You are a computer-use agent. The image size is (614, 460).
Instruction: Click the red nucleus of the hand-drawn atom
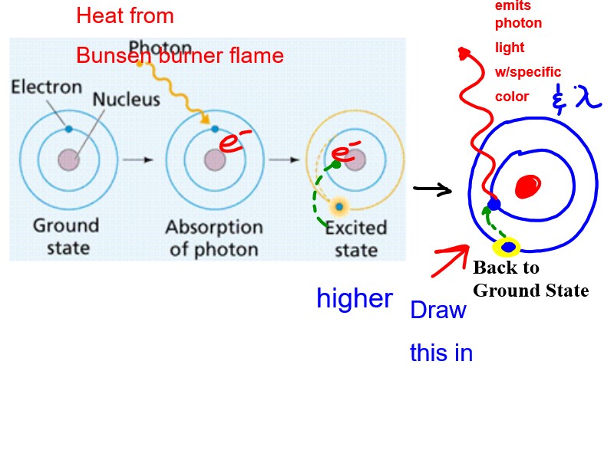[529, 186]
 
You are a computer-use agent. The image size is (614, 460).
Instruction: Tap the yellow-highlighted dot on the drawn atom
[507, 247]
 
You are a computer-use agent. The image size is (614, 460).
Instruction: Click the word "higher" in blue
[355, 299]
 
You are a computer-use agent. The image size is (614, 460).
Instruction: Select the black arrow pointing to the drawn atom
[432, 189]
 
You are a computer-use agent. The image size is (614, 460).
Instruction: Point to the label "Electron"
[46, 87]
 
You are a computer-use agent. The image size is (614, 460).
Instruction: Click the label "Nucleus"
[127, 100]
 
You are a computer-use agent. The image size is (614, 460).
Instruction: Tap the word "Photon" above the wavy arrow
[160, 47]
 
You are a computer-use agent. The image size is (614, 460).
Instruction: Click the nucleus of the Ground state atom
[69, 160]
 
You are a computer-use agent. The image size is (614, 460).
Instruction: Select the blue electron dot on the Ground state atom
[68, 129]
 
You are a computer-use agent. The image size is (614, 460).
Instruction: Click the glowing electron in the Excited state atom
[338, 206]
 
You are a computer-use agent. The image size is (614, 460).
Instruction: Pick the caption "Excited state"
[355, 239]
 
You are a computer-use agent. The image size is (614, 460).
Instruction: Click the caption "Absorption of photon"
[214, 238]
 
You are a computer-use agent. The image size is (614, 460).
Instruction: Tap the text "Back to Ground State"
[530, 279]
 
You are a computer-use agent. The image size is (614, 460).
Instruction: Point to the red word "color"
[512, 97]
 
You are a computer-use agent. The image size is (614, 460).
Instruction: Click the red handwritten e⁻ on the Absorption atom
[236, 142]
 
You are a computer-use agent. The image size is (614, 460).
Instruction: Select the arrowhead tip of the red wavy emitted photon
[463, 52]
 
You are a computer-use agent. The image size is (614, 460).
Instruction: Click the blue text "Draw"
[438, 310]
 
